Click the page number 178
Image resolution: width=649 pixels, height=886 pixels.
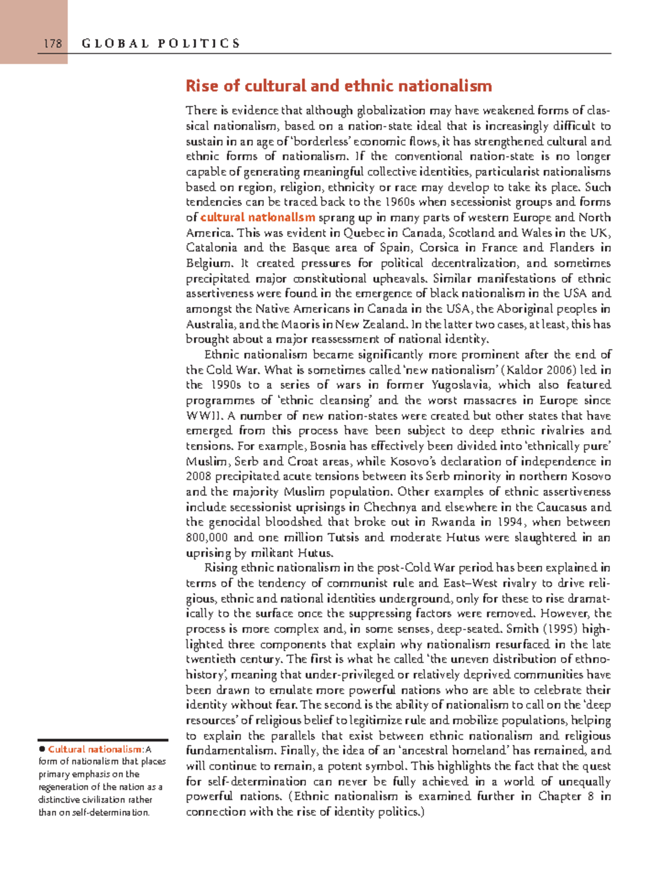click(x=53, y=44)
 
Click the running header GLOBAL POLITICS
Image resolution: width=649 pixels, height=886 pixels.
click(x=161, y=44)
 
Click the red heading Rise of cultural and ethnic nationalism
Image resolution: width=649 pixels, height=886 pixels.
click(x=339, y=86)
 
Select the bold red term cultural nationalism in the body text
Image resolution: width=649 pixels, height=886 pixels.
click(x=257, y=218)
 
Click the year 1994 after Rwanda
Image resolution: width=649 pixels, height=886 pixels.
click(x=511, y=522)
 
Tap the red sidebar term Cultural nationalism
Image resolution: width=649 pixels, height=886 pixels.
click(x=95, y=749)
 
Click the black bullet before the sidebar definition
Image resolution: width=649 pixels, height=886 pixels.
click(x=41, y=749)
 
